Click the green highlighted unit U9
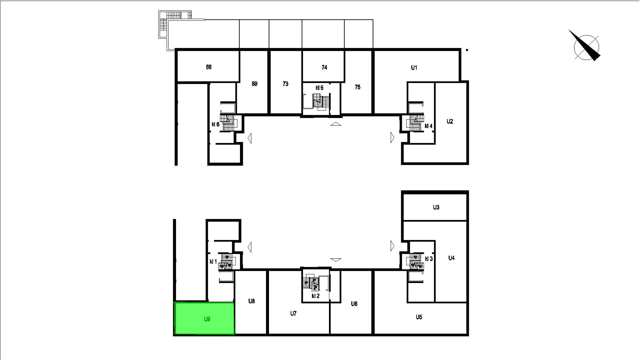[204, 318]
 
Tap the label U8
[252, 301]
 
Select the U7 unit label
[293, 313]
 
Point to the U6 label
[354, 304]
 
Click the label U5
[419, 317]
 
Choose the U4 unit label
[451, 258]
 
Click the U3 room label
[436, 207]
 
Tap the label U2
[450, 122]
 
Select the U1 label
[414, 68]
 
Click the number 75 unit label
[357, 87]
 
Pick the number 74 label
[324, 67]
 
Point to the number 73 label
[285, 84]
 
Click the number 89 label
[254, 84]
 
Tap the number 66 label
[209, 67]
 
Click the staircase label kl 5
[319, 88]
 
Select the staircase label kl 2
[316, 296]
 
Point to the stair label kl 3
[429, 259]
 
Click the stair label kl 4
[428, 126]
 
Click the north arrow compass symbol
[585, 46]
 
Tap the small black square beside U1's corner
[467, 50]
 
